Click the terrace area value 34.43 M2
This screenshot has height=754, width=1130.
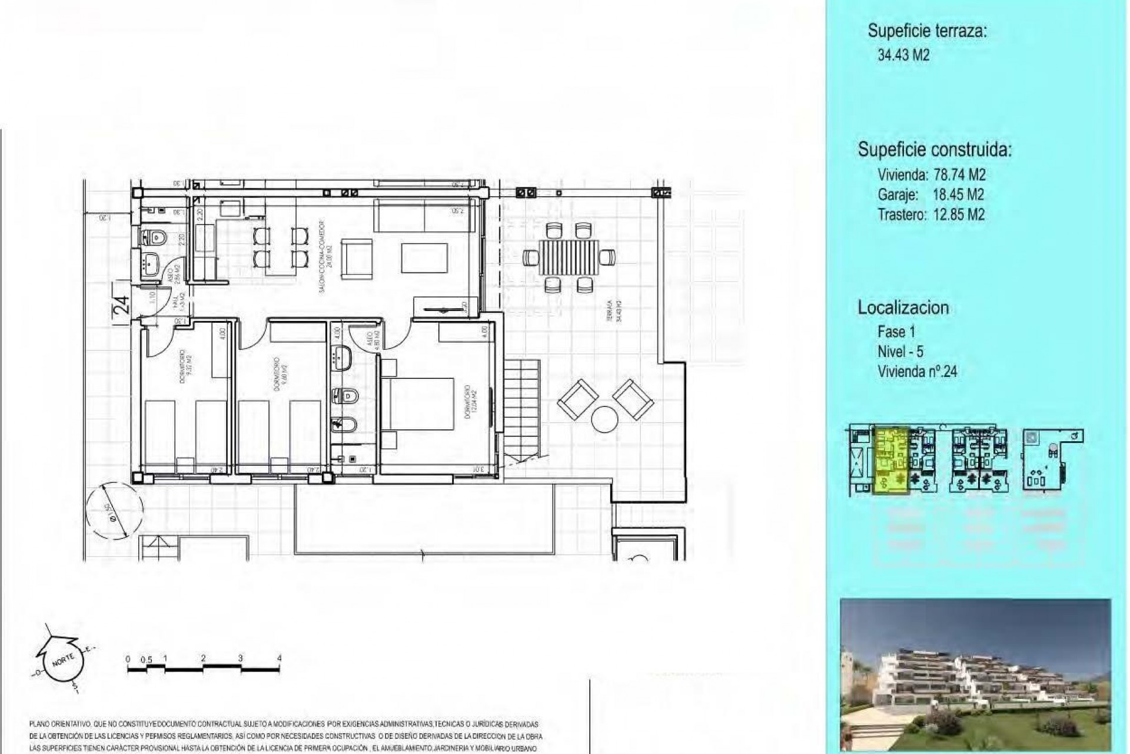click(x=903, y=55)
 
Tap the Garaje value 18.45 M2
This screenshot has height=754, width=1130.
click(x=958, y=194)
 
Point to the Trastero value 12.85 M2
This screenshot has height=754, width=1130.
click(x=959, y=214)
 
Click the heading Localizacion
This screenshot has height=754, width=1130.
click(x=903, y=307)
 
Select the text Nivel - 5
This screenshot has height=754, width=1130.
click(x=900, y=352)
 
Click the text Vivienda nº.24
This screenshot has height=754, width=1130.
click(x=917, y=372)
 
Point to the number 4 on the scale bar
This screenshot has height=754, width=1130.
click(x=279, y=658)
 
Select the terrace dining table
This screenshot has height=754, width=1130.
click(x=569, y=257)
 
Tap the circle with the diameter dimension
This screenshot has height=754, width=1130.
click(x=114, y=509)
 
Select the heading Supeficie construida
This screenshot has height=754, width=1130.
click(x=935, y=150)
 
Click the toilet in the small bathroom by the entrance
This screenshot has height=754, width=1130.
click(x=155, y=238)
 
